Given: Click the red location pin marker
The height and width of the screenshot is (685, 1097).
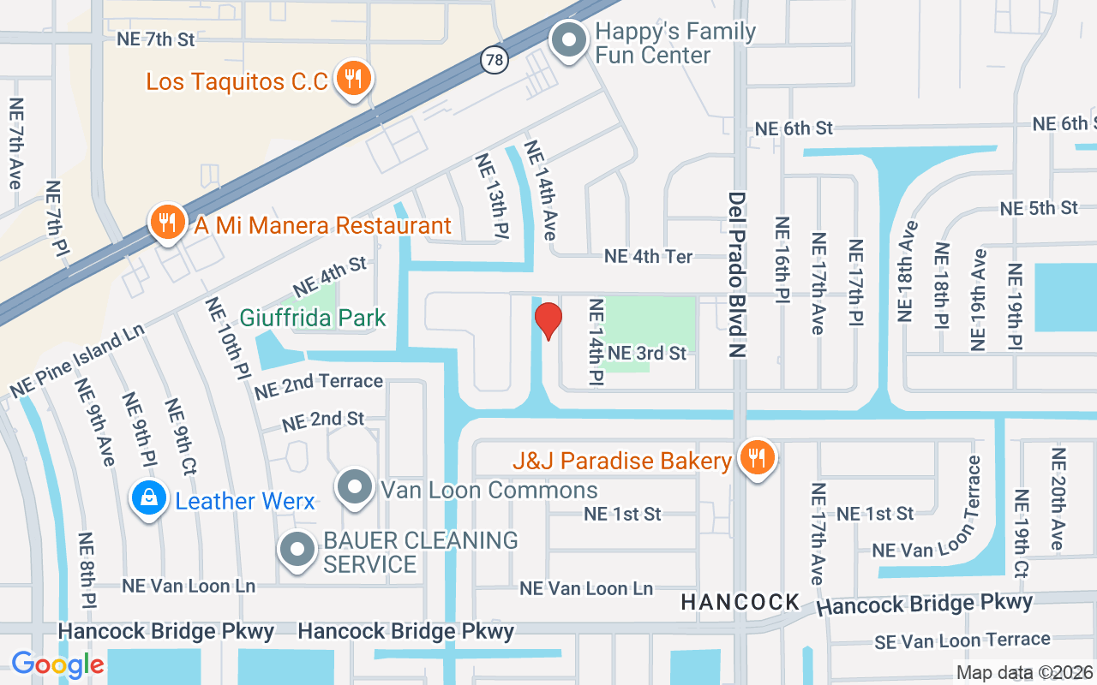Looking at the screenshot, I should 548,320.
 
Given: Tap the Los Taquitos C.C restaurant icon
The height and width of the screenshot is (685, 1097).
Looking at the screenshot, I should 351,79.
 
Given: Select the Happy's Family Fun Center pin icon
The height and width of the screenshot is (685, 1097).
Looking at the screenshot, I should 567,40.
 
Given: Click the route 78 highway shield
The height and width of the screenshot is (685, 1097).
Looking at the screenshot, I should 495,60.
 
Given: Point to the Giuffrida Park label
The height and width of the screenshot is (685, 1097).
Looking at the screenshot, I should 313,318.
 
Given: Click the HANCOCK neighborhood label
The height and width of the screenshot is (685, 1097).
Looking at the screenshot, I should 740,602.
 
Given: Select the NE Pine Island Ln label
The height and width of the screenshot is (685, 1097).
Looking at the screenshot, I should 77,360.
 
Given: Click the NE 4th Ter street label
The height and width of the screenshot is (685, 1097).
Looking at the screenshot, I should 649,256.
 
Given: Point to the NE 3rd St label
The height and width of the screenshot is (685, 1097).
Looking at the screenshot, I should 647,353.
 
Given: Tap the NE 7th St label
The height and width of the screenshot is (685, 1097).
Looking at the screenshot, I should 156,39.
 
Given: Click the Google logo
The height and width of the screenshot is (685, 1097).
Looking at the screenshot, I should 58,664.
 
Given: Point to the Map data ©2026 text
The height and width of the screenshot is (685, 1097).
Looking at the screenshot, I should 1024,672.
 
